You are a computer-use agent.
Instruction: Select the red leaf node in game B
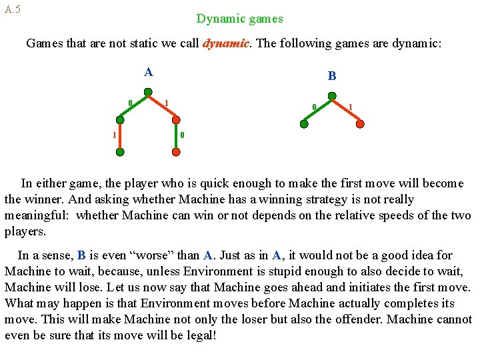[x=361, y=123]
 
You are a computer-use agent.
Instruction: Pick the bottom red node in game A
[x=176, y=152]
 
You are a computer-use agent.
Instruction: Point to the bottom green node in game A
[x=120, y=152]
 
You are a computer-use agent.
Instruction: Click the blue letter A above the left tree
[x=148, y=72]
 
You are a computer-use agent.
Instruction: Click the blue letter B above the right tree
[x=332, y=77]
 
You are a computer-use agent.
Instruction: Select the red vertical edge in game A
[x=176, y=137]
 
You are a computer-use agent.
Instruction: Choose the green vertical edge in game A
[x=120, y=137]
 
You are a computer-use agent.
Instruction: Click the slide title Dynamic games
[x=239, y=19]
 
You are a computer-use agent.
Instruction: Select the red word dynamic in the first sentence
[x=225, y=44]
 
